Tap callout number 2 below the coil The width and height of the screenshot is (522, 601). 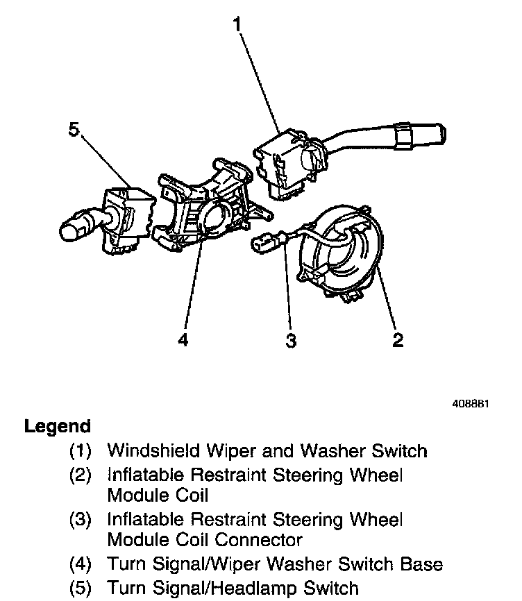tap(398, 340)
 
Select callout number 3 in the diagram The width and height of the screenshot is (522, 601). tap(292, 340)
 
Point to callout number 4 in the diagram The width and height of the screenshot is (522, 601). tap(183, 340)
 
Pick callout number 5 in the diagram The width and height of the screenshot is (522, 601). tap(74, 130)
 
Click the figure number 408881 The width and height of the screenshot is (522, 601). tap(471, 403)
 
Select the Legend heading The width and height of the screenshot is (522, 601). tap(58, 426)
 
